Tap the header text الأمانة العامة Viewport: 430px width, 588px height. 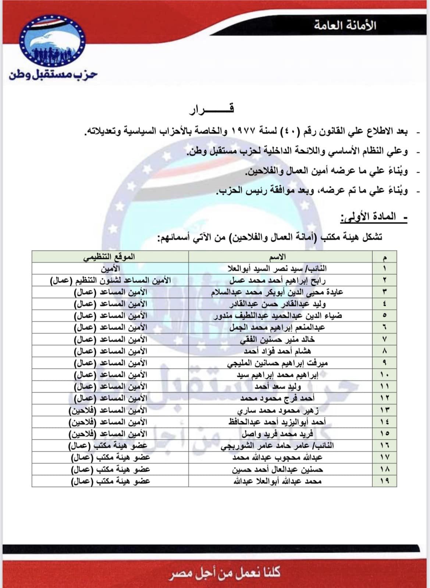[x=345, y=25]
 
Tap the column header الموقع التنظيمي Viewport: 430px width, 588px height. [x=109, y=257]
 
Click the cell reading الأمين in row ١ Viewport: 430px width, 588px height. [x=110, y=268]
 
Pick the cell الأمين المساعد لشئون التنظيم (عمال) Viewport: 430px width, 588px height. [x=110, y=280]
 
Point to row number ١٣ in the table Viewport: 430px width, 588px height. [x=384, y=410]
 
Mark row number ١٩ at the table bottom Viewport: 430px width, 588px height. [x=384, y=481]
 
